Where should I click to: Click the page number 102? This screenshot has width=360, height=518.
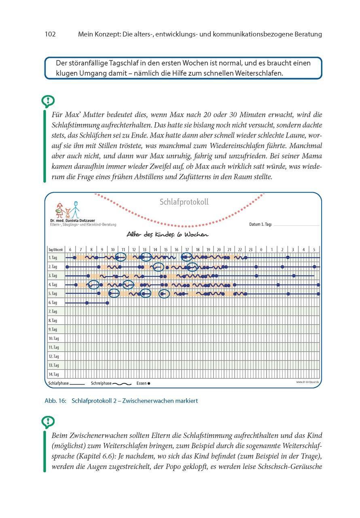(50, 34)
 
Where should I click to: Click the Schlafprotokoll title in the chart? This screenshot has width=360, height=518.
(184, 202)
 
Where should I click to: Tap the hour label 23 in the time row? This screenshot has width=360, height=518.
(250, 249)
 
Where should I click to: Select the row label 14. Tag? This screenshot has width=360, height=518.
(54, 374)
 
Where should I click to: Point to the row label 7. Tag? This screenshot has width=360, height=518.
(53, 312)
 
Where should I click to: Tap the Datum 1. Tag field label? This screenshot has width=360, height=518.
(260, 224)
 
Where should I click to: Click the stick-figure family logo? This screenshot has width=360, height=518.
(68, 210)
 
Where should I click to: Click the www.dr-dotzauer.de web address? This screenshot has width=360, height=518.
(307, 382)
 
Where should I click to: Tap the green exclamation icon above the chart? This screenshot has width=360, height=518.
(48, 101)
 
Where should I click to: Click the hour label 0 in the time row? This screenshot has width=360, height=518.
(261, 249)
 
